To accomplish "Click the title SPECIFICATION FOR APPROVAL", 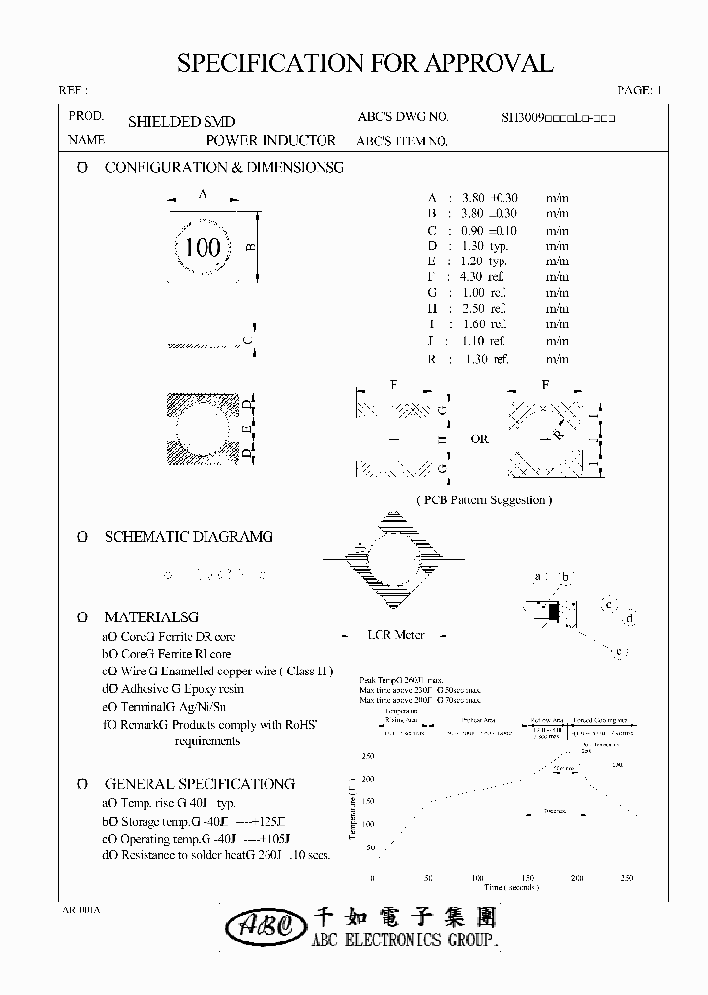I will [364, 64].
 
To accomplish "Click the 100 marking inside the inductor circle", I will [204, 246].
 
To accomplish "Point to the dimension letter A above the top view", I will [203, 195].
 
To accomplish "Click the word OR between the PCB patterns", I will [479, 439].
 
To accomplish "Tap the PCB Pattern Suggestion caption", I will [484, 499].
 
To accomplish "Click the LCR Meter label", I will [395, 635].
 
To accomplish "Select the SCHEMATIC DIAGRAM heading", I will [189, 537].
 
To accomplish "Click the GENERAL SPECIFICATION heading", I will [199, 784].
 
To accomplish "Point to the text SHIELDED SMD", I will [181, 122].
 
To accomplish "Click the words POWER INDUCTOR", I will [270, 141].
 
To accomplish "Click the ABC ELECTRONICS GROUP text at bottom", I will [405, 940].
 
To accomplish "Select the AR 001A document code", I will [81, 910].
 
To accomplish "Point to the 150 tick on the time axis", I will [526, 877].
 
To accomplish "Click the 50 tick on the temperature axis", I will [370, 847].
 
